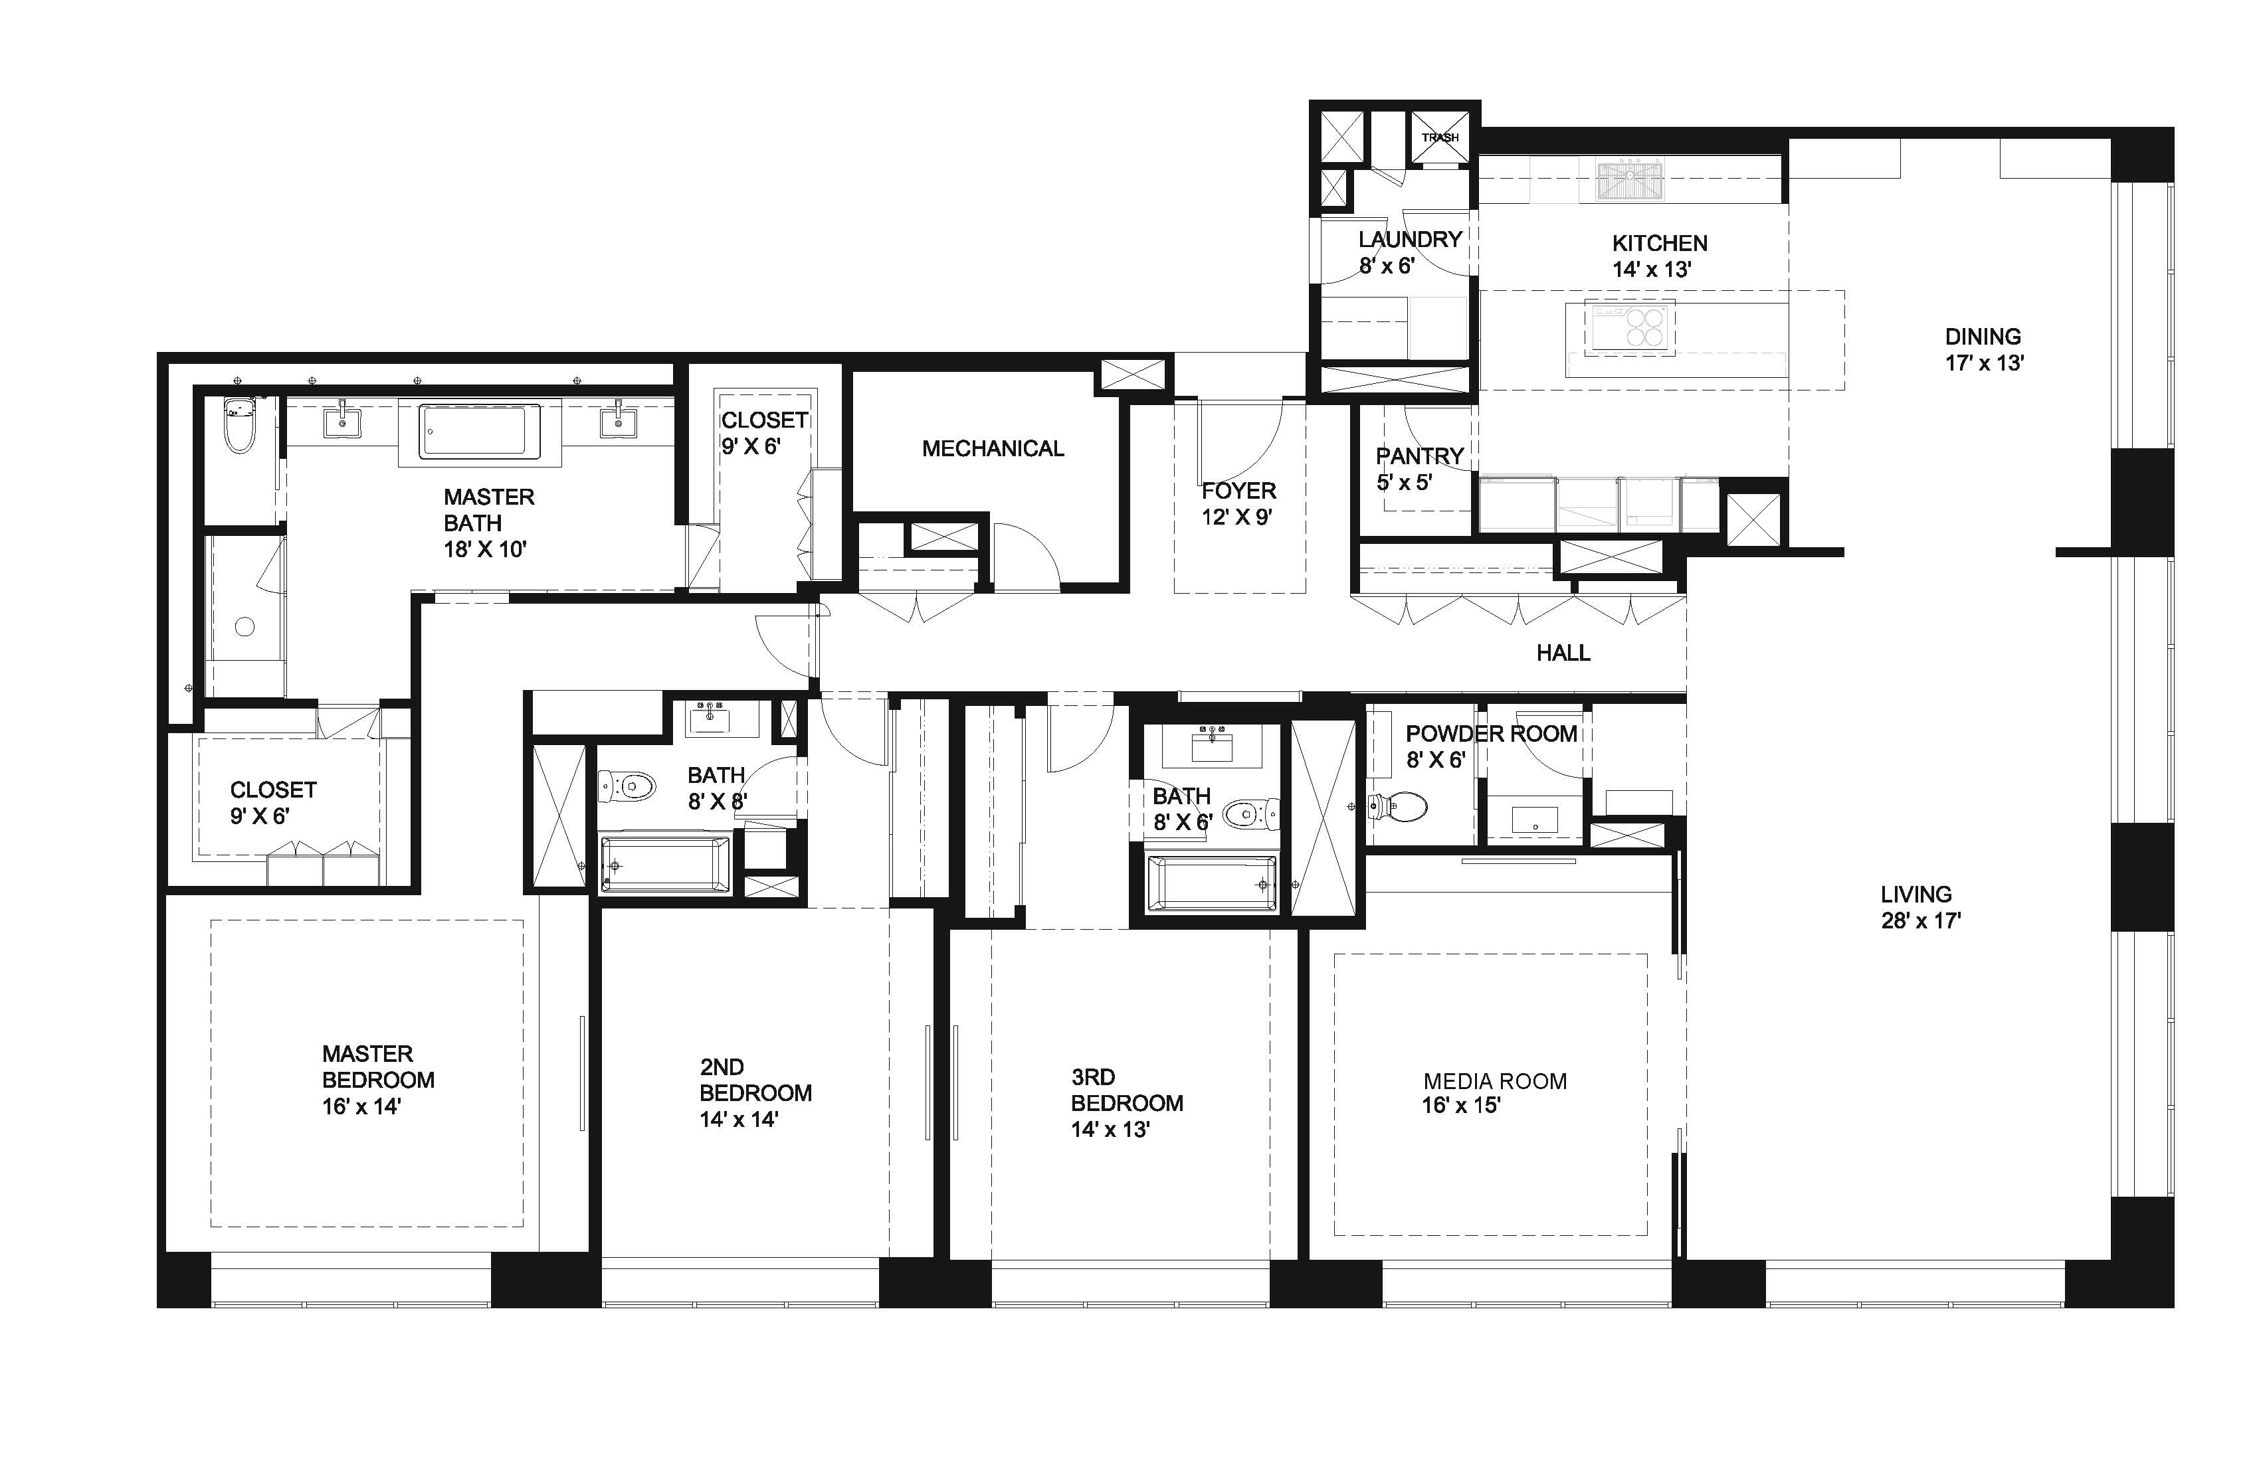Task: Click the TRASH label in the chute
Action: pyautogui.click(x=1440, y=137)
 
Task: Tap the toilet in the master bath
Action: pyautogui.click(x=239, y=425)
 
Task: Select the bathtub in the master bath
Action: pyautogui.click(x=479, y=432)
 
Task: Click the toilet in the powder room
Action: pyautogui.click(x=1398, y=808)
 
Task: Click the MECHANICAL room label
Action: pyautogui.click(x=993, y=449)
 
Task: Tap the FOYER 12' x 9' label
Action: pyautogui.click(x=1238, y=504)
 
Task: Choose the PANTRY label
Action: pyautogui.click(x=1420, y=456)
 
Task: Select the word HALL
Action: pyautogui.click(x=1563, y=653)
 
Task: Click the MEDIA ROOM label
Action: pyautogui.click(x=1495, y=1082)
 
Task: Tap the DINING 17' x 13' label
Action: pyautogui.click(x=1984, y=349)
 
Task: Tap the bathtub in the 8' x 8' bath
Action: pyautogui.click(x=665, y=864)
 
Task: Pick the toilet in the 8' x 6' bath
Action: pyautogui.click(x=1251, y=814)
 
